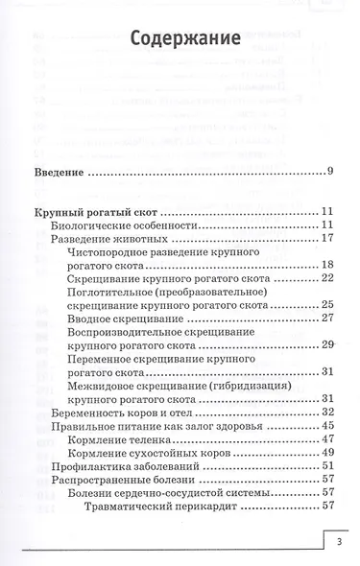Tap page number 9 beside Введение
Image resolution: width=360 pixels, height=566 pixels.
tap(328, 173)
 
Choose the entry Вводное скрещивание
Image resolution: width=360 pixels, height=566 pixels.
tap(129, 318)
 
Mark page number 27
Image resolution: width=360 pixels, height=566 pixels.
tap(325, 318)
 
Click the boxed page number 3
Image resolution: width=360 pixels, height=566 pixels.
tap(340, 544)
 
